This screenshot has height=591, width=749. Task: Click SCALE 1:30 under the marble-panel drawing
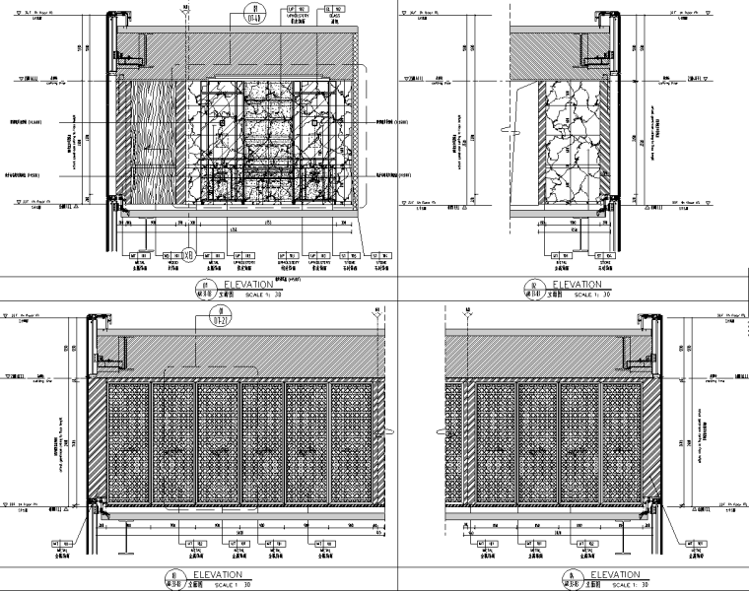pos(593,294)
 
